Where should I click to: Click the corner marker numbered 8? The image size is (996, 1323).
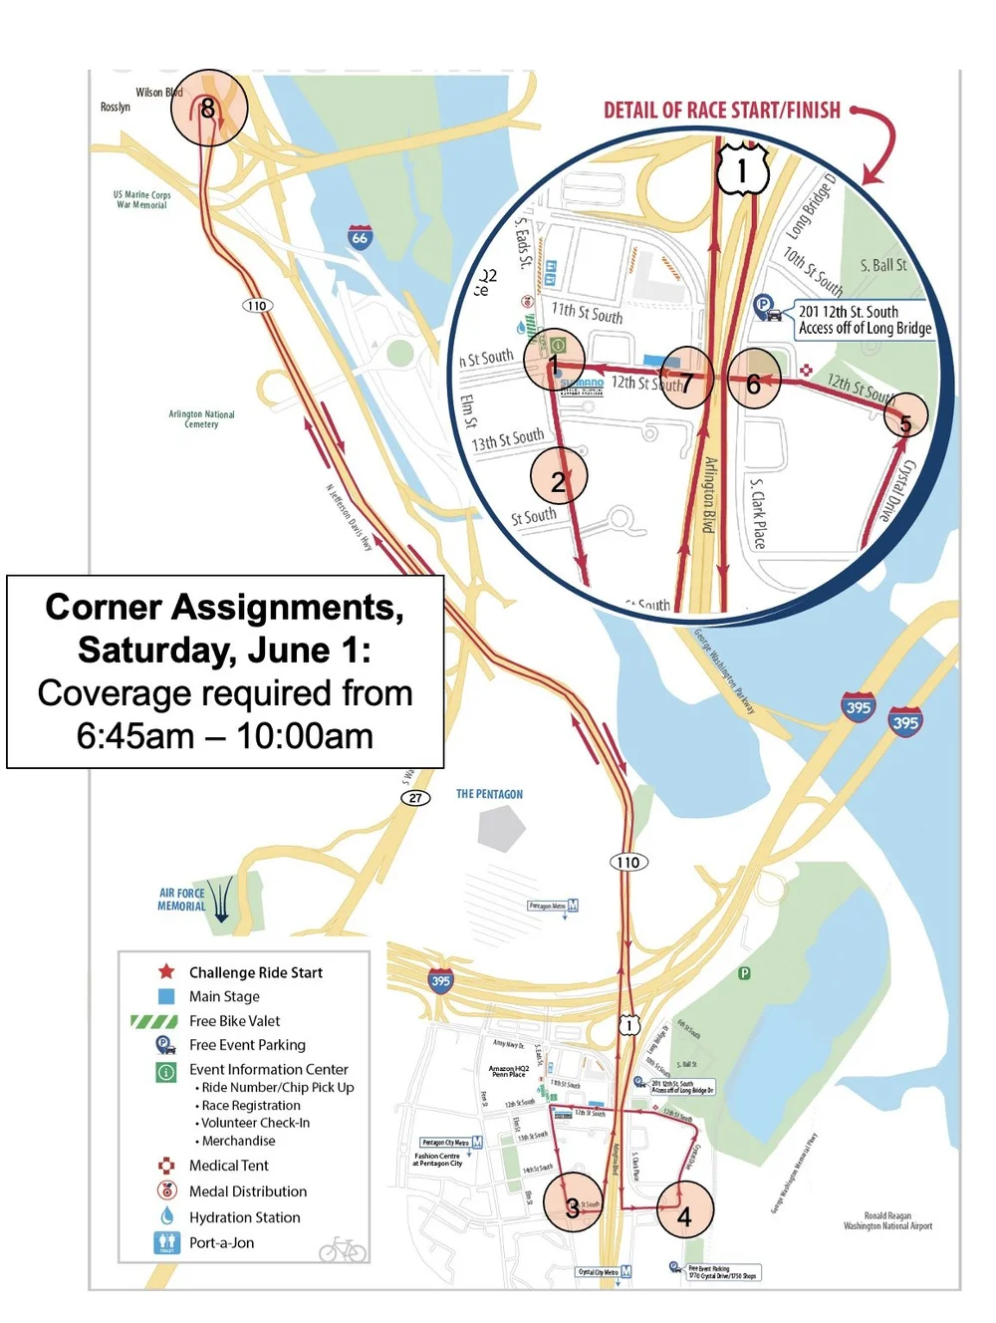click(208, 109)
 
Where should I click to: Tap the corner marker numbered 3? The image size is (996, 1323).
click(573, 1208)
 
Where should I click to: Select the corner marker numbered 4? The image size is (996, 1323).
click(683, 1215)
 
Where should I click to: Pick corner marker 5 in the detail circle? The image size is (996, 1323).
click(905, 422)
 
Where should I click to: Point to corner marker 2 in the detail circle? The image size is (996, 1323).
click(559, 480)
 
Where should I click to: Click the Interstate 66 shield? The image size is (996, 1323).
click(360, 237)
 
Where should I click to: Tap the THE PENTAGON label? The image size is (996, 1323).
click(489, 794)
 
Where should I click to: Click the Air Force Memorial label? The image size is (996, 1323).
click(181, 900)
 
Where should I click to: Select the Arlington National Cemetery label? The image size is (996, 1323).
click(201, 418)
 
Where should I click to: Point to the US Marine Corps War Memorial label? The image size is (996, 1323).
click(141, 199)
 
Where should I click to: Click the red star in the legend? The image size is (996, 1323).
click(166, 971)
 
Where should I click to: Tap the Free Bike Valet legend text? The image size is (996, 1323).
click(234, 1021)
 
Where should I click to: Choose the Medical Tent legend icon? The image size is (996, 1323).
click(166, 1166)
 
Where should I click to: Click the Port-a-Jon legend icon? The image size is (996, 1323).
click(166, 1242)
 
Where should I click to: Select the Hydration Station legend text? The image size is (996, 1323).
click(244, 1217)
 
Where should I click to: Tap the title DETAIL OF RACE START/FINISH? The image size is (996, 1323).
click(722, 111)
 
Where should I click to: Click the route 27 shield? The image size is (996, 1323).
click(415, 798)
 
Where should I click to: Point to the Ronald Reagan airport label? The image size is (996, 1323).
click(887, 1220)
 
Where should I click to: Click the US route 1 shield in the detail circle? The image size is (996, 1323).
click(742, 170)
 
